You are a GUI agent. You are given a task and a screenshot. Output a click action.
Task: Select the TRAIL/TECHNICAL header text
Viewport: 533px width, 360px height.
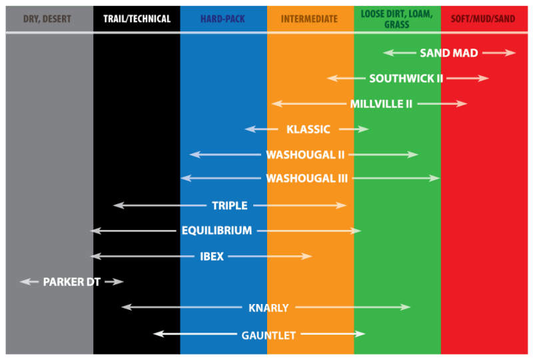pos(137,19)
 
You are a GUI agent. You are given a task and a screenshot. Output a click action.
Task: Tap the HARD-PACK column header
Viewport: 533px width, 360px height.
pos(223,19)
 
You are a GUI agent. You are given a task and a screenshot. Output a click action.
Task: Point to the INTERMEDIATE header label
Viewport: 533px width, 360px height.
pos(309,19)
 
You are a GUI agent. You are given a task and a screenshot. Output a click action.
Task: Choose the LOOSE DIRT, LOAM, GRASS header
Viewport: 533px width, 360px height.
pos(396,18)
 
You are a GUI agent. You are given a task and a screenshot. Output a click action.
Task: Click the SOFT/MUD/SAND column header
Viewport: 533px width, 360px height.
pos(483,19)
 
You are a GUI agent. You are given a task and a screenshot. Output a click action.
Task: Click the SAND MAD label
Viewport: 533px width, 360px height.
pos(449,53)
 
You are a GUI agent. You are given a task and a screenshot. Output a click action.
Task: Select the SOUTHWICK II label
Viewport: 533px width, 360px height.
pos(406,79)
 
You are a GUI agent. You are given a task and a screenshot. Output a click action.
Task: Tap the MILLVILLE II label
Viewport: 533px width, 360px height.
pos(381,104)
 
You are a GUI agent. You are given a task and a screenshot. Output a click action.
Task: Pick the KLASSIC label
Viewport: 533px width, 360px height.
pos(308,129)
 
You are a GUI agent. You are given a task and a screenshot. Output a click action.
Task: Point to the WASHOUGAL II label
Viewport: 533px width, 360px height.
pos(305,155)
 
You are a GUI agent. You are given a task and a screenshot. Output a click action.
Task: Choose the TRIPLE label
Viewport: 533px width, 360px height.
pos(230,206)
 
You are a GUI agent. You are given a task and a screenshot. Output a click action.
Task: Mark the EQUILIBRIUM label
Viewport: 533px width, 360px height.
pos(217,231)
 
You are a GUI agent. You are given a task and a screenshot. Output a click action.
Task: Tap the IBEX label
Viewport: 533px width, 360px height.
pos(212,257)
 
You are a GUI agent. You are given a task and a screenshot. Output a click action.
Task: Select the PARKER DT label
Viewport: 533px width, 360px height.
pos(71,282)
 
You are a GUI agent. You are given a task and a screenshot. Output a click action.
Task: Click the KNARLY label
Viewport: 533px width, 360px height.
pos(268,308)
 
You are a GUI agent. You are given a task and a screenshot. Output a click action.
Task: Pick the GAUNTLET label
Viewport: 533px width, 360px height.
pos(268,335)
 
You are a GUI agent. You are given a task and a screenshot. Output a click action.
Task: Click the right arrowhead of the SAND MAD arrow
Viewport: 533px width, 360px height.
pos(512,53)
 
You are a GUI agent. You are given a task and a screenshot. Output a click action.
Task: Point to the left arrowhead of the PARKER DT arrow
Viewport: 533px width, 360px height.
pos(25,282)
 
